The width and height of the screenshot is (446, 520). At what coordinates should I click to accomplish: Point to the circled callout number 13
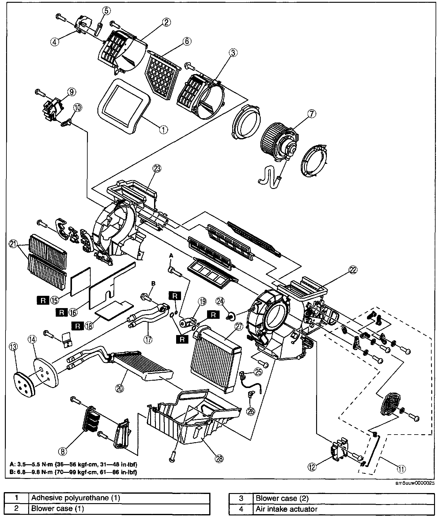pyautogui.click(x=13, y=347)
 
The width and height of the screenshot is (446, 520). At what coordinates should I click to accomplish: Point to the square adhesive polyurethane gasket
pyautogui.click(x=124, y=104)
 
